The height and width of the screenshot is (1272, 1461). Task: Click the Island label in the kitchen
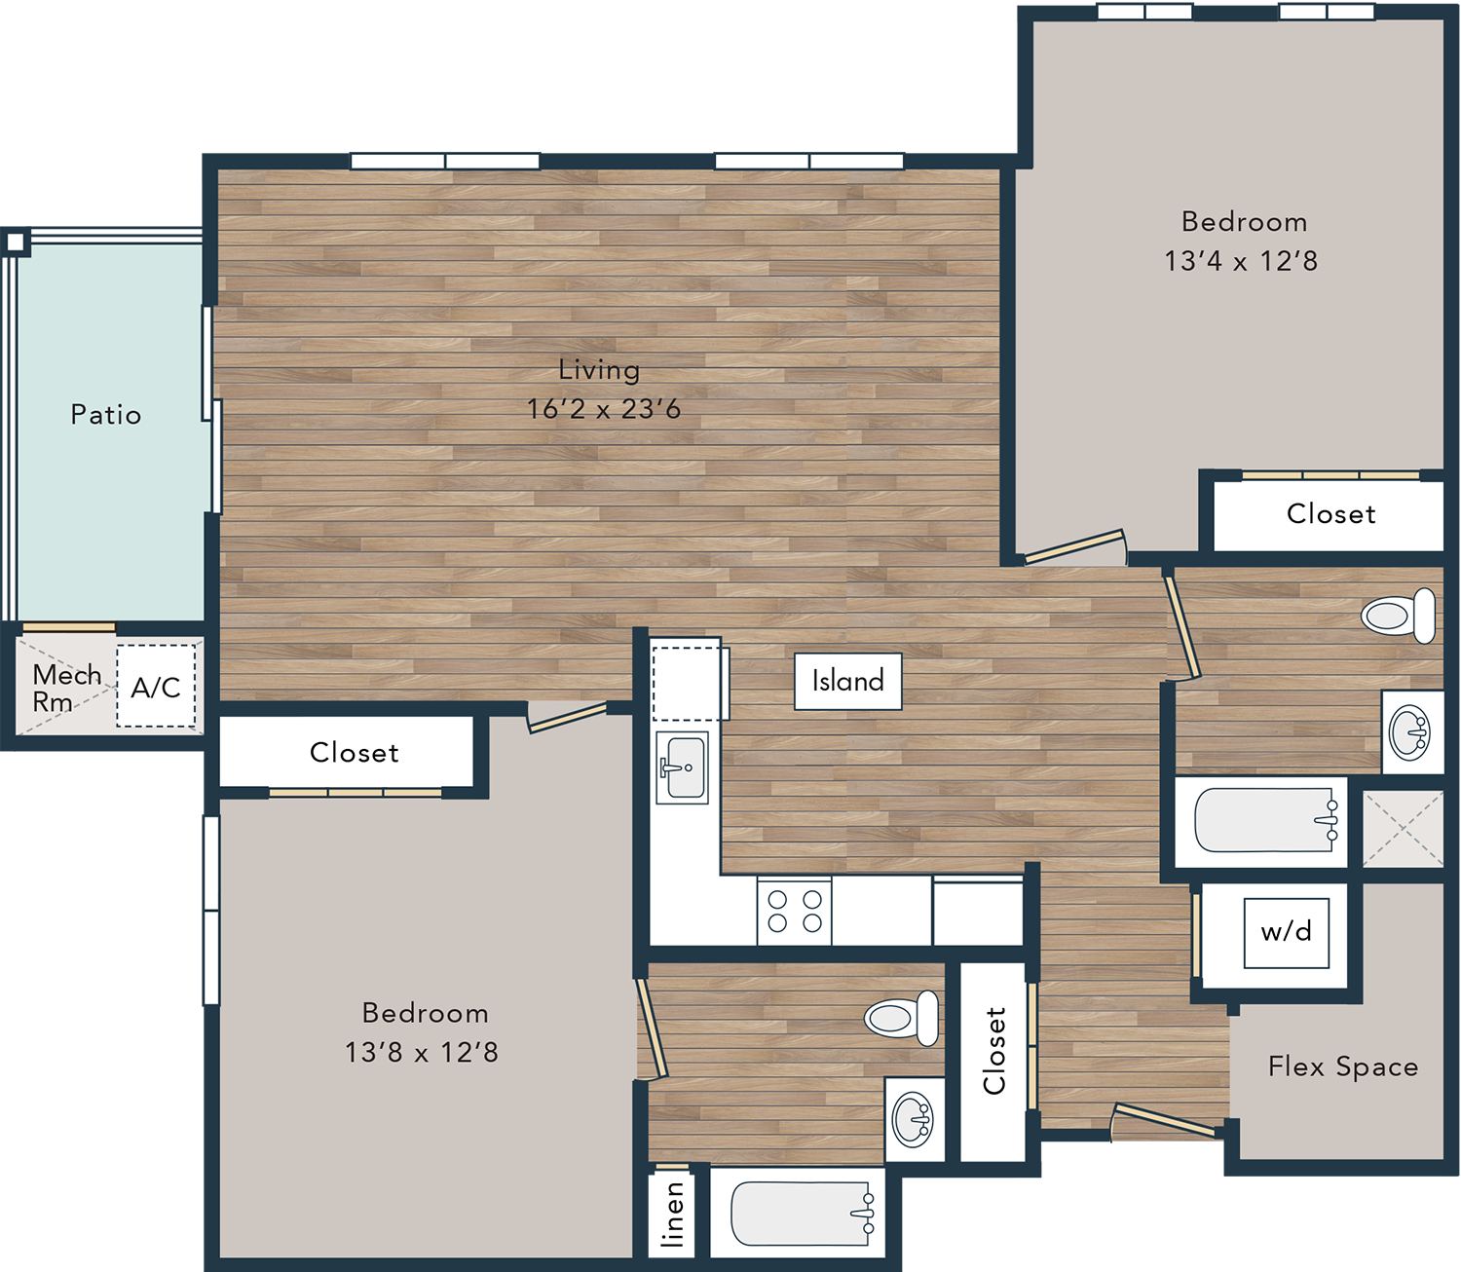point(847,681)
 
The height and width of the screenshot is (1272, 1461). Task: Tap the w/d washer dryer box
point(1286,933)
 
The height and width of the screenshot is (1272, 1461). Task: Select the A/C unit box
point(156,687)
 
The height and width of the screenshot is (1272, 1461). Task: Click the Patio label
point(106,415)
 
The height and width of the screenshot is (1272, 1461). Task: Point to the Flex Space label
point(1343,1066)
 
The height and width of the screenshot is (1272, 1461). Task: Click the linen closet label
point(673,1215)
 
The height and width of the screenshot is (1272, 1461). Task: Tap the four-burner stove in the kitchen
point(794,913)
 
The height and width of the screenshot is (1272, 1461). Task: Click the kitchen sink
point(683,767)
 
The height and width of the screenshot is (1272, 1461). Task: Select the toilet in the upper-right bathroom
point(1398,616)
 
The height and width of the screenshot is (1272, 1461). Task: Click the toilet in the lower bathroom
point(901,1018)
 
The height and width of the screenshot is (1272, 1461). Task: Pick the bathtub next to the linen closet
point(803,1214)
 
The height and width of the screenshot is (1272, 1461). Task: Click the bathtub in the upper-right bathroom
point(1266,820)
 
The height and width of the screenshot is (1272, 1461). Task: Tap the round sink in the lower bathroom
point(914,1118)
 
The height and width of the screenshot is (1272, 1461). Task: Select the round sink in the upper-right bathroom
point(1409,732)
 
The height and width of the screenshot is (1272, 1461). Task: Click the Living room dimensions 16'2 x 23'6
point(604,409)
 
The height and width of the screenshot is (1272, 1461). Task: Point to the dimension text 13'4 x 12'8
point(1241,261)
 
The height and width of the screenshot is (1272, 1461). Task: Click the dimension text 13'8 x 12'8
point(422,1052)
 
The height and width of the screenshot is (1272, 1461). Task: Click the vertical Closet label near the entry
point(994,1051)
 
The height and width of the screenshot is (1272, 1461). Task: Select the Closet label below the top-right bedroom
point(1331,514)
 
